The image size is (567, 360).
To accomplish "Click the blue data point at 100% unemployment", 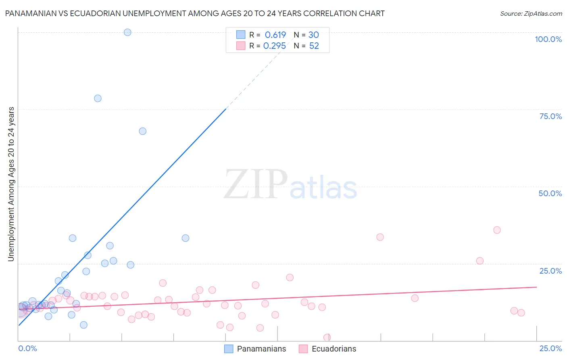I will point(127,32).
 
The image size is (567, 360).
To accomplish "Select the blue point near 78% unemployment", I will point(98,98).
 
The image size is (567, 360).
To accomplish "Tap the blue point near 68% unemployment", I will point(142,131).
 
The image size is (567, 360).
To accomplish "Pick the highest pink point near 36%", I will point(497,230).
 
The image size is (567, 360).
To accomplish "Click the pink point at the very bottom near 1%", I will point(327,337).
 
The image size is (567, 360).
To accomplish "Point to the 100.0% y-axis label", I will point(548,39).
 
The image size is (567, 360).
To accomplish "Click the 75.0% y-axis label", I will point(550,116).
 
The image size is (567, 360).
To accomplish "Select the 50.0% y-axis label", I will point(550,193).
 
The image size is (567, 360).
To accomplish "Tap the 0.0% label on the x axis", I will point(27,348).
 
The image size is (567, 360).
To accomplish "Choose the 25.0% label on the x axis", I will point(550,348).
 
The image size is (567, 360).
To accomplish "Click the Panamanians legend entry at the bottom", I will point(261,349).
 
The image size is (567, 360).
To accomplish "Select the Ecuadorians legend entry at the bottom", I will point(334,349).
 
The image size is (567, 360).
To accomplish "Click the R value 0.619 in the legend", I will point(275,35).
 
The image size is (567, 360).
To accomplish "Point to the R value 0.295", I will point(275,46).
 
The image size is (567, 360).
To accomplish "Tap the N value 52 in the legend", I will point(314,46).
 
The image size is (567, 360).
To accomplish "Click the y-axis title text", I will point(11,184).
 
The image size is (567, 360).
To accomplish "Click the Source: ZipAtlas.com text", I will point(531,14).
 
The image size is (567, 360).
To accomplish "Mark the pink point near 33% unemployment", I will point(380,237).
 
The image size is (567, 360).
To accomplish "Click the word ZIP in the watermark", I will point(256,185).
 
